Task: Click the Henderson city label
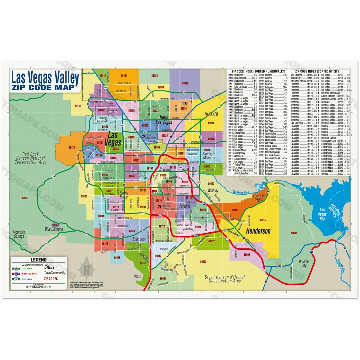258,231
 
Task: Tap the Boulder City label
304,263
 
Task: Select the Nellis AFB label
211,114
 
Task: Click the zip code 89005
293,233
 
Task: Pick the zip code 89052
203,261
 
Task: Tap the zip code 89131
123,76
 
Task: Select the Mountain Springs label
19,234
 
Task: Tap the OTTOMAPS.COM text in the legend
38,287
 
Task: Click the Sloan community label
137,277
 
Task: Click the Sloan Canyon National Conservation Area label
224,279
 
